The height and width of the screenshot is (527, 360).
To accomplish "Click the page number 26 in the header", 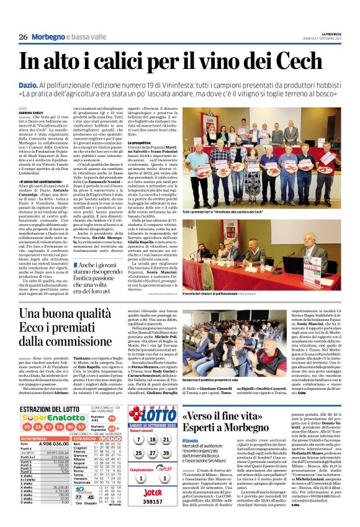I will coord(22,36).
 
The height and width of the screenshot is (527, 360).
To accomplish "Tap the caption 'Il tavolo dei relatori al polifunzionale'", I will coord(223,294).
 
